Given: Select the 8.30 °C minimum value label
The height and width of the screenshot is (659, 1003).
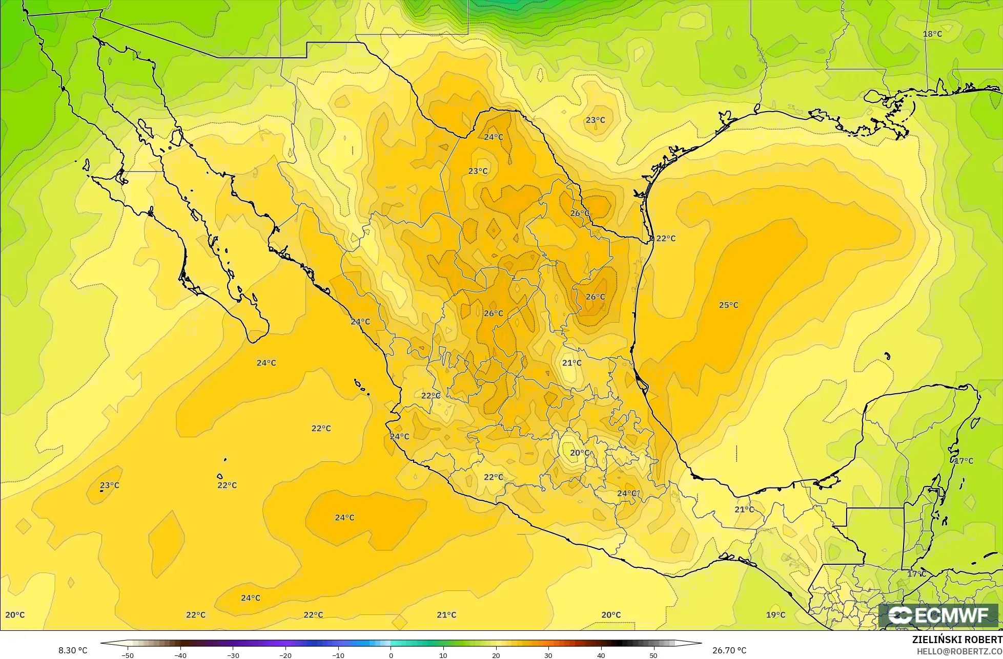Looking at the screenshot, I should [73, 650].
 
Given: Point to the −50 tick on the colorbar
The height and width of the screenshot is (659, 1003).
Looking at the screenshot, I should [127, 655].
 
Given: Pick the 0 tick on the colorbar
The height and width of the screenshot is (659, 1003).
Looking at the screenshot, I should [391, 655].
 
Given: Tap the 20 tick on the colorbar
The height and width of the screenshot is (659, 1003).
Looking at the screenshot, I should [496, 655].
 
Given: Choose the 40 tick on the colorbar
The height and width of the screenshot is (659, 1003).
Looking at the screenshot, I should [601, 655].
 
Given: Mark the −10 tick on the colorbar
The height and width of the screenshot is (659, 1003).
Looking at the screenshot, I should [338, 655].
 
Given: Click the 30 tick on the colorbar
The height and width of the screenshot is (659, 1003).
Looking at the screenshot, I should [548, 655].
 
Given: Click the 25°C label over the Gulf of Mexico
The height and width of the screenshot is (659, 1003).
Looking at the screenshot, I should [728, 305].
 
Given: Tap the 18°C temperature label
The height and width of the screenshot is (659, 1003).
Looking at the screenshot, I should [932, 34].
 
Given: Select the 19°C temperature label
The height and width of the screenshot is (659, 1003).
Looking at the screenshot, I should [775, 615].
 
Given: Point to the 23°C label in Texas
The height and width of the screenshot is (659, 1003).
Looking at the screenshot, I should [595, 120].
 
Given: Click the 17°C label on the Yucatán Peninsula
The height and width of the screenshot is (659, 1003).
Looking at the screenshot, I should [964, 461].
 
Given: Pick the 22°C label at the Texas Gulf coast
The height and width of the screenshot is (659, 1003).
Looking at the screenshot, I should [666, 239].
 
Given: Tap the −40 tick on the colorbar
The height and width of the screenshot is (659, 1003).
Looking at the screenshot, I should [180, 655].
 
